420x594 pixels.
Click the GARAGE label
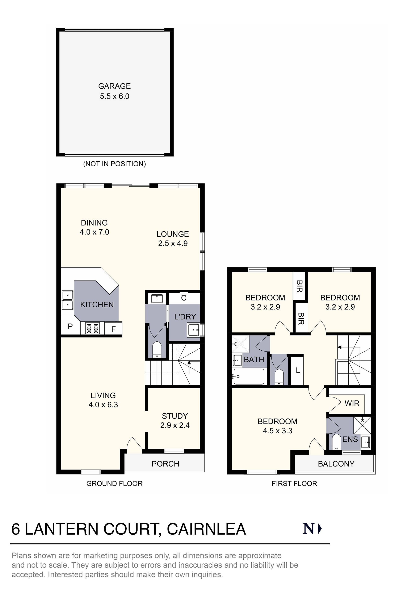click(114, 86)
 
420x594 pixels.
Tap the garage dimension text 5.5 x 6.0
click(114, 97)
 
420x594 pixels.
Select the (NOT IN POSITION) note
click(114, 164)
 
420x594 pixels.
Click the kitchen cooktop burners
click(92, 329)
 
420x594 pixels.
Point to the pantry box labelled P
click(70, 327)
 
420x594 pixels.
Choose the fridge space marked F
click(113, 329)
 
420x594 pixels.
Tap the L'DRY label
click(185, 317)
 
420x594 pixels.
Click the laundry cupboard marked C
click(184, 298)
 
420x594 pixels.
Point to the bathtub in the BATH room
click(249, 377)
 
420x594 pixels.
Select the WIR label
click(352, 403)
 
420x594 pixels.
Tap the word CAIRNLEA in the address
click(206, 529)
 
